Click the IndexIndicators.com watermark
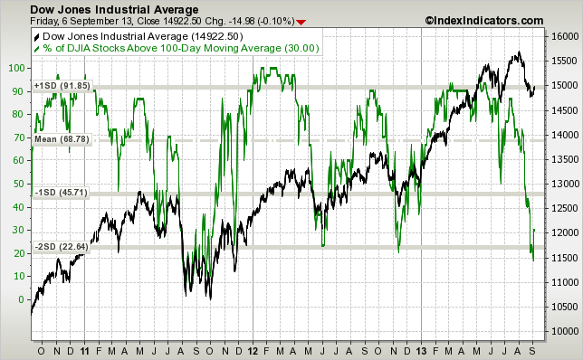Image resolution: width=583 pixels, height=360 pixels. [482, 20]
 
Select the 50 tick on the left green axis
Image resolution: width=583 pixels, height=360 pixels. [19, 184]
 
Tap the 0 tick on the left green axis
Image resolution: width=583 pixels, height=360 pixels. [22, 299]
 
